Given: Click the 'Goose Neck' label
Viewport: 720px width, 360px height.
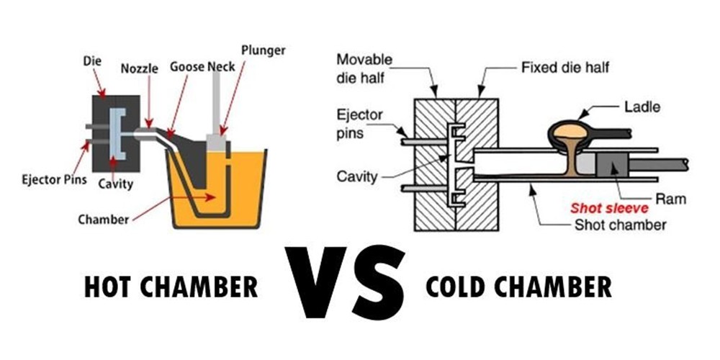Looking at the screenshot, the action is pos(202,67).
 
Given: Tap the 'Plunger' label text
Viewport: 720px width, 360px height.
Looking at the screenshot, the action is pos(263,50).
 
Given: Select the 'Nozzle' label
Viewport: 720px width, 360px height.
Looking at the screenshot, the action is pos(139,69).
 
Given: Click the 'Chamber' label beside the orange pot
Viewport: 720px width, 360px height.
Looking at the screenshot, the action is pos(103,220).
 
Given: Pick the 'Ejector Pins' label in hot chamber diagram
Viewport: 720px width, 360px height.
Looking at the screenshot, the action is pos(54,179).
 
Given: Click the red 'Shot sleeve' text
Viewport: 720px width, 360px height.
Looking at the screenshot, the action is pos(609,209).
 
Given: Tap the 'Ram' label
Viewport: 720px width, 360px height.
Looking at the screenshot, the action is pos(670,199).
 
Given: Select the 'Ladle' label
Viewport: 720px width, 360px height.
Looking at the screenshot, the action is pos(642,107).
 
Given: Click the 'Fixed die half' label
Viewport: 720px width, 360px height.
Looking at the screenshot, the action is pos(565,68).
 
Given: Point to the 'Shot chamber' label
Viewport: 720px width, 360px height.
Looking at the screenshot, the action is pos(620,225).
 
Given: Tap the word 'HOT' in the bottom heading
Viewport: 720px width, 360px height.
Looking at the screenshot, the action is pos(109,287).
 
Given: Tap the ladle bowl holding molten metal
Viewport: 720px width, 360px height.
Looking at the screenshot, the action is pos(570,132).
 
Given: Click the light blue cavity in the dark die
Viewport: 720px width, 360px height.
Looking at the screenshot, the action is pos(117,134).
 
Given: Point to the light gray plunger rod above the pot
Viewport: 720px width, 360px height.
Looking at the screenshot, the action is pos(216,103).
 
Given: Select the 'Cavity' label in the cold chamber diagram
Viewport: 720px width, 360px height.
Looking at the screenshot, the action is pos(356,176).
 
